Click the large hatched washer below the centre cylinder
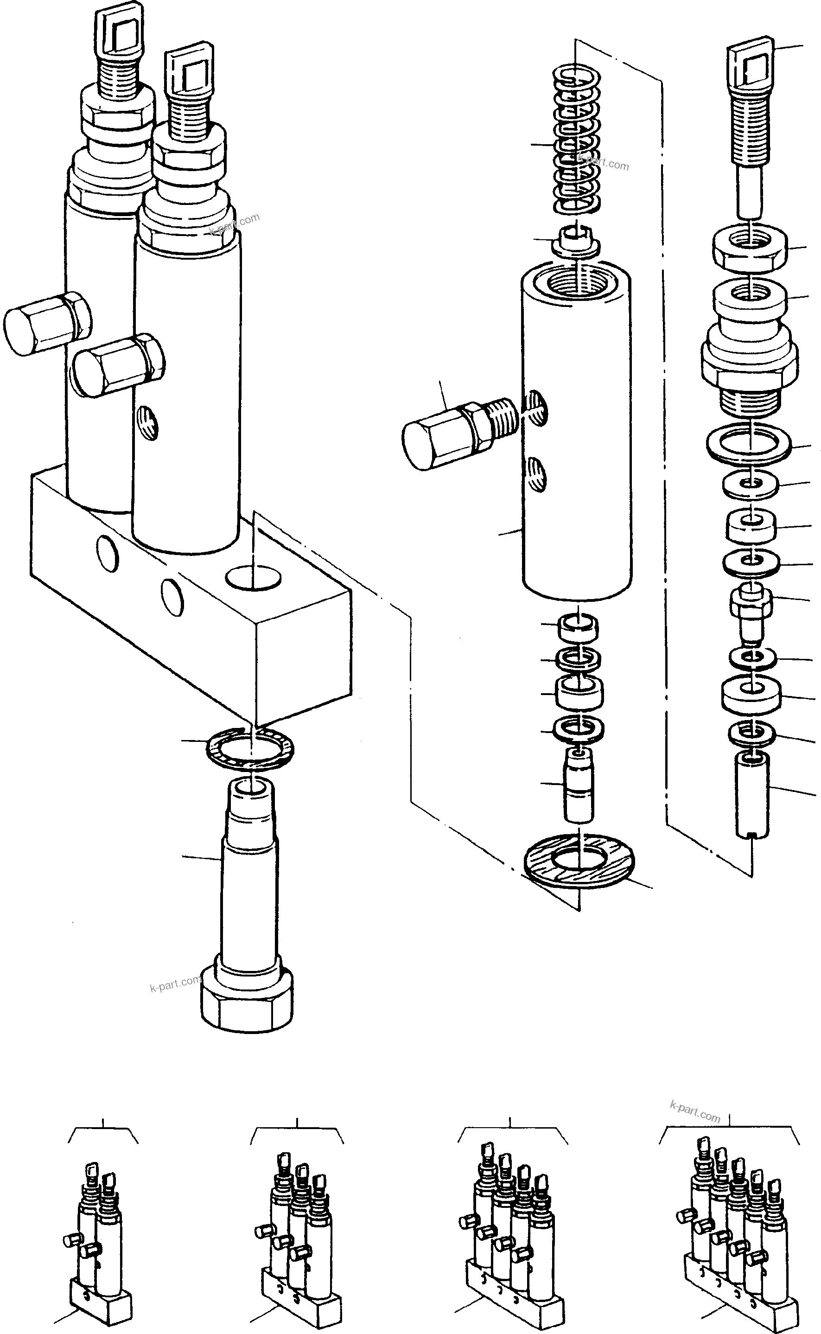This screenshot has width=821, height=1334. click(579, 861)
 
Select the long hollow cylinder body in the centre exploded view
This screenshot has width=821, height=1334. click(577, 434)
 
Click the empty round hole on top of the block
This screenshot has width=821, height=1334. click(254, 577)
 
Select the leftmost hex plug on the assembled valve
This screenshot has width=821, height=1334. click(46, 324)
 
